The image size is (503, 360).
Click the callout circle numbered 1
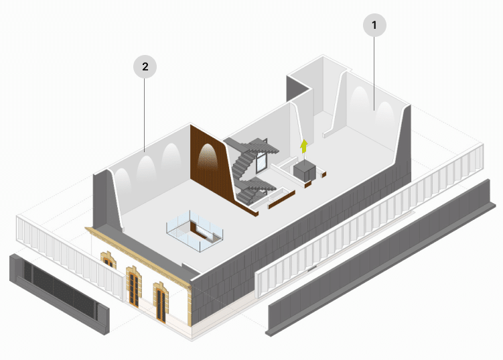pos(374,25)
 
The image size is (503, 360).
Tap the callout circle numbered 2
pos(145,66)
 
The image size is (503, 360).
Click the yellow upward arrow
pos(303,147)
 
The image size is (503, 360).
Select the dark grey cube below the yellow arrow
pos(305,170)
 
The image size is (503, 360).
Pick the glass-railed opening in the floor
pos(194,232)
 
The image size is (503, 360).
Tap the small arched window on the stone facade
pos(107,259)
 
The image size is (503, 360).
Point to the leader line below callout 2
pos(145,114)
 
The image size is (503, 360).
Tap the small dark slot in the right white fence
pos(311,268)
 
